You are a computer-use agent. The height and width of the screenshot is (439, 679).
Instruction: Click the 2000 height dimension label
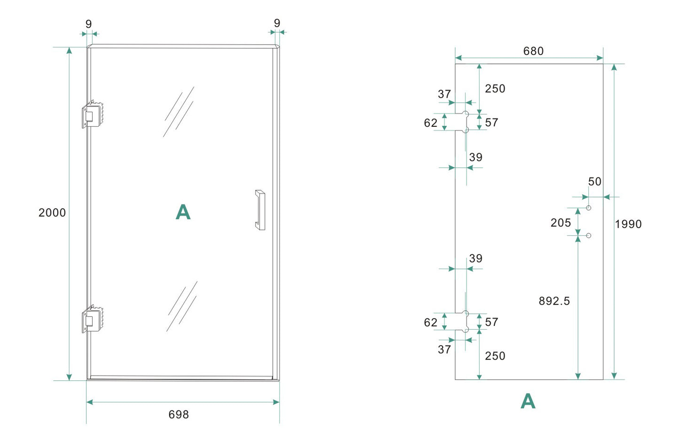52,213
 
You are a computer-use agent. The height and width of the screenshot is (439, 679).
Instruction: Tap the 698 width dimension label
179,414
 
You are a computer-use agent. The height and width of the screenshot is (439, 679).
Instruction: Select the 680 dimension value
533,51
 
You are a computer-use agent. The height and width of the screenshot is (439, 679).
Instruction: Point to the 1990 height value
628,224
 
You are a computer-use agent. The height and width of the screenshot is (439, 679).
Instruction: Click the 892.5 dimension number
554,301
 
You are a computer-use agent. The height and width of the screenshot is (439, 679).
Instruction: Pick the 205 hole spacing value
561,223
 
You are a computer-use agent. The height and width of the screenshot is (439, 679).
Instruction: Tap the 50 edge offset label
594,181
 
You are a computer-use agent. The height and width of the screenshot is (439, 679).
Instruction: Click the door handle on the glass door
260,210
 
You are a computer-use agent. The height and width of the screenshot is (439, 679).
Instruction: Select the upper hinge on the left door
93,115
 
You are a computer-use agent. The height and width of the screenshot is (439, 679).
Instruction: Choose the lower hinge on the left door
93,319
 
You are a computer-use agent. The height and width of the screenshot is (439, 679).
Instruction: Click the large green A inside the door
183,212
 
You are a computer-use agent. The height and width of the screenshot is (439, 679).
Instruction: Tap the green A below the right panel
528,401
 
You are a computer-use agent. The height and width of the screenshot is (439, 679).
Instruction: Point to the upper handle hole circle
588,208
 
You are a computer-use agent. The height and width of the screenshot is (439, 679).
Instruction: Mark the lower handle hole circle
588,235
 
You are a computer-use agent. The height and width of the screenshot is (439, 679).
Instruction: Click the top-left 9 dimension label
88,24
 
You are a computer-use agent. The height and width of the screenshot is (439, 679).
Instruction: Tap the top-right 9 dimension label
277,23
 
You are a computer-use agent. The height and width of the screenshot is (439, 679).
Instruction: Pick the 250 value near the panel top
495,88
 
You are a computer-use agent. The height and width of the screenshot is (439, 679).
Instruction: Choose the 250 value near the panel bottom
495,356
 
